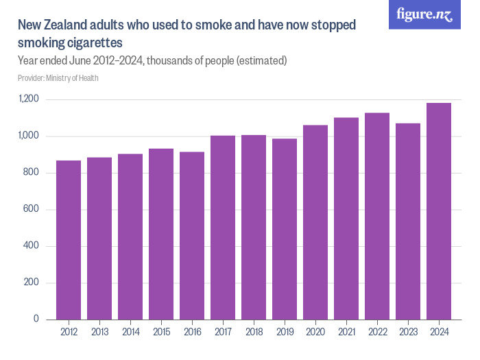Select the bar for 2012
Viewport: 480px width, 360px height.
[69, 240]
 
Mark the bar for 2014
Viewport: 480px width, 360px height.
[130, 237]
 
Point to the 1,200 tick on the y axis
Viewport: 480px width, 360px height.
[29, 100]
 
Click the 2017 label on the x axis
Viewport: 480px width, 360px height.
[223, 333]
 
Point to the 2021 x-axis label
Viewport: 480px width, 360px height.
[346, 333]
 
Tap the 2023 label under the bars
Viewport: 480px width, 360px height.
[408, 333]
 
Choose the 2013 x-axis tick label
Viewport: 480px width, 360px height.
[99, 333]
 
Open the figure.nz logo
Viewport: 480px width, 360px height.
[425, 14]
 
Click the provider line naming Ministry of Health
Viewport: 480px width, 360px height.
[58, 78]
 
